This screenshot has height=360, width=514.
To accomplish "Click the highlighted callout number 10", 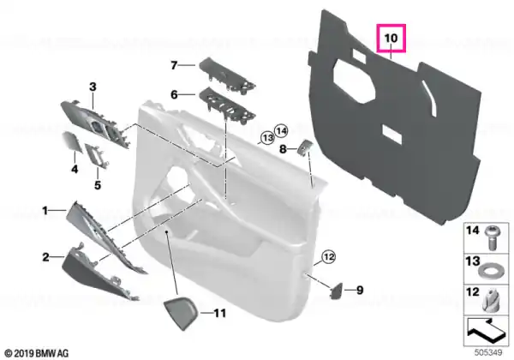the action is coord(391,38).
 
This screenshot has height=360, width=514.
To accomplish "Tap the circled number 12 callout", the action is coord(329,256).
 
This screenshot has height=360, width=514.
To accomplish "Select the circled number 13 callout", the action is coord(268,138).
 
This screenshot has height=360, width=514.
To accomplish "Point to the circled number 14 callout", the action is coord(281,131).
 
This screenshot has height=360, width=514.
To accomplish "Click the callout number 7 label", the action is coord(174,65).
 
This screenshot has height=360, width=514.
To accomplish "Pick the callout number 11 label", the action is coord(219,313).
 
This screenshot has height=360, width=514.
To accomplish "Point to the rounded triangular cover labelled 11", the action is coord(181,314).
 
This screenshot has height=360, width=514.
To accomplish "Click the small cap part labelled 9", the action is coord(336,291).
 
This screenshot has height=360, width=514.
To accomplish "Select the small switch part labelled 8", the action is coord(304,147).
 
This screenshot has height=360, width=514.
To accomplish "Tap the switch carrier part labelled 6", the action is coord(226,105).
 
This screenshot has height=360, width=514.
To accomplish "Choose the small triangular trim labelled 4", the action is coord(71,141).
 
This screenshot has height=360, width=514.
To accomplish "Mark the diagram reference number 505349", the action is coord(488,352).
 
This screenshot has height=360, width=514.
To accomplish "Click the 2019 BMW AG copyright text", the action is coord(37,353).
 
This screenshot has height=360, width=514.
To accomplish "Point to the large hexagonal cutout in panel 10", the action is coord(354,81).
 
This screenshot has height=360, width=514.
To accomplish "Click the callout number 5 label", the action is coord(98,185).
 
